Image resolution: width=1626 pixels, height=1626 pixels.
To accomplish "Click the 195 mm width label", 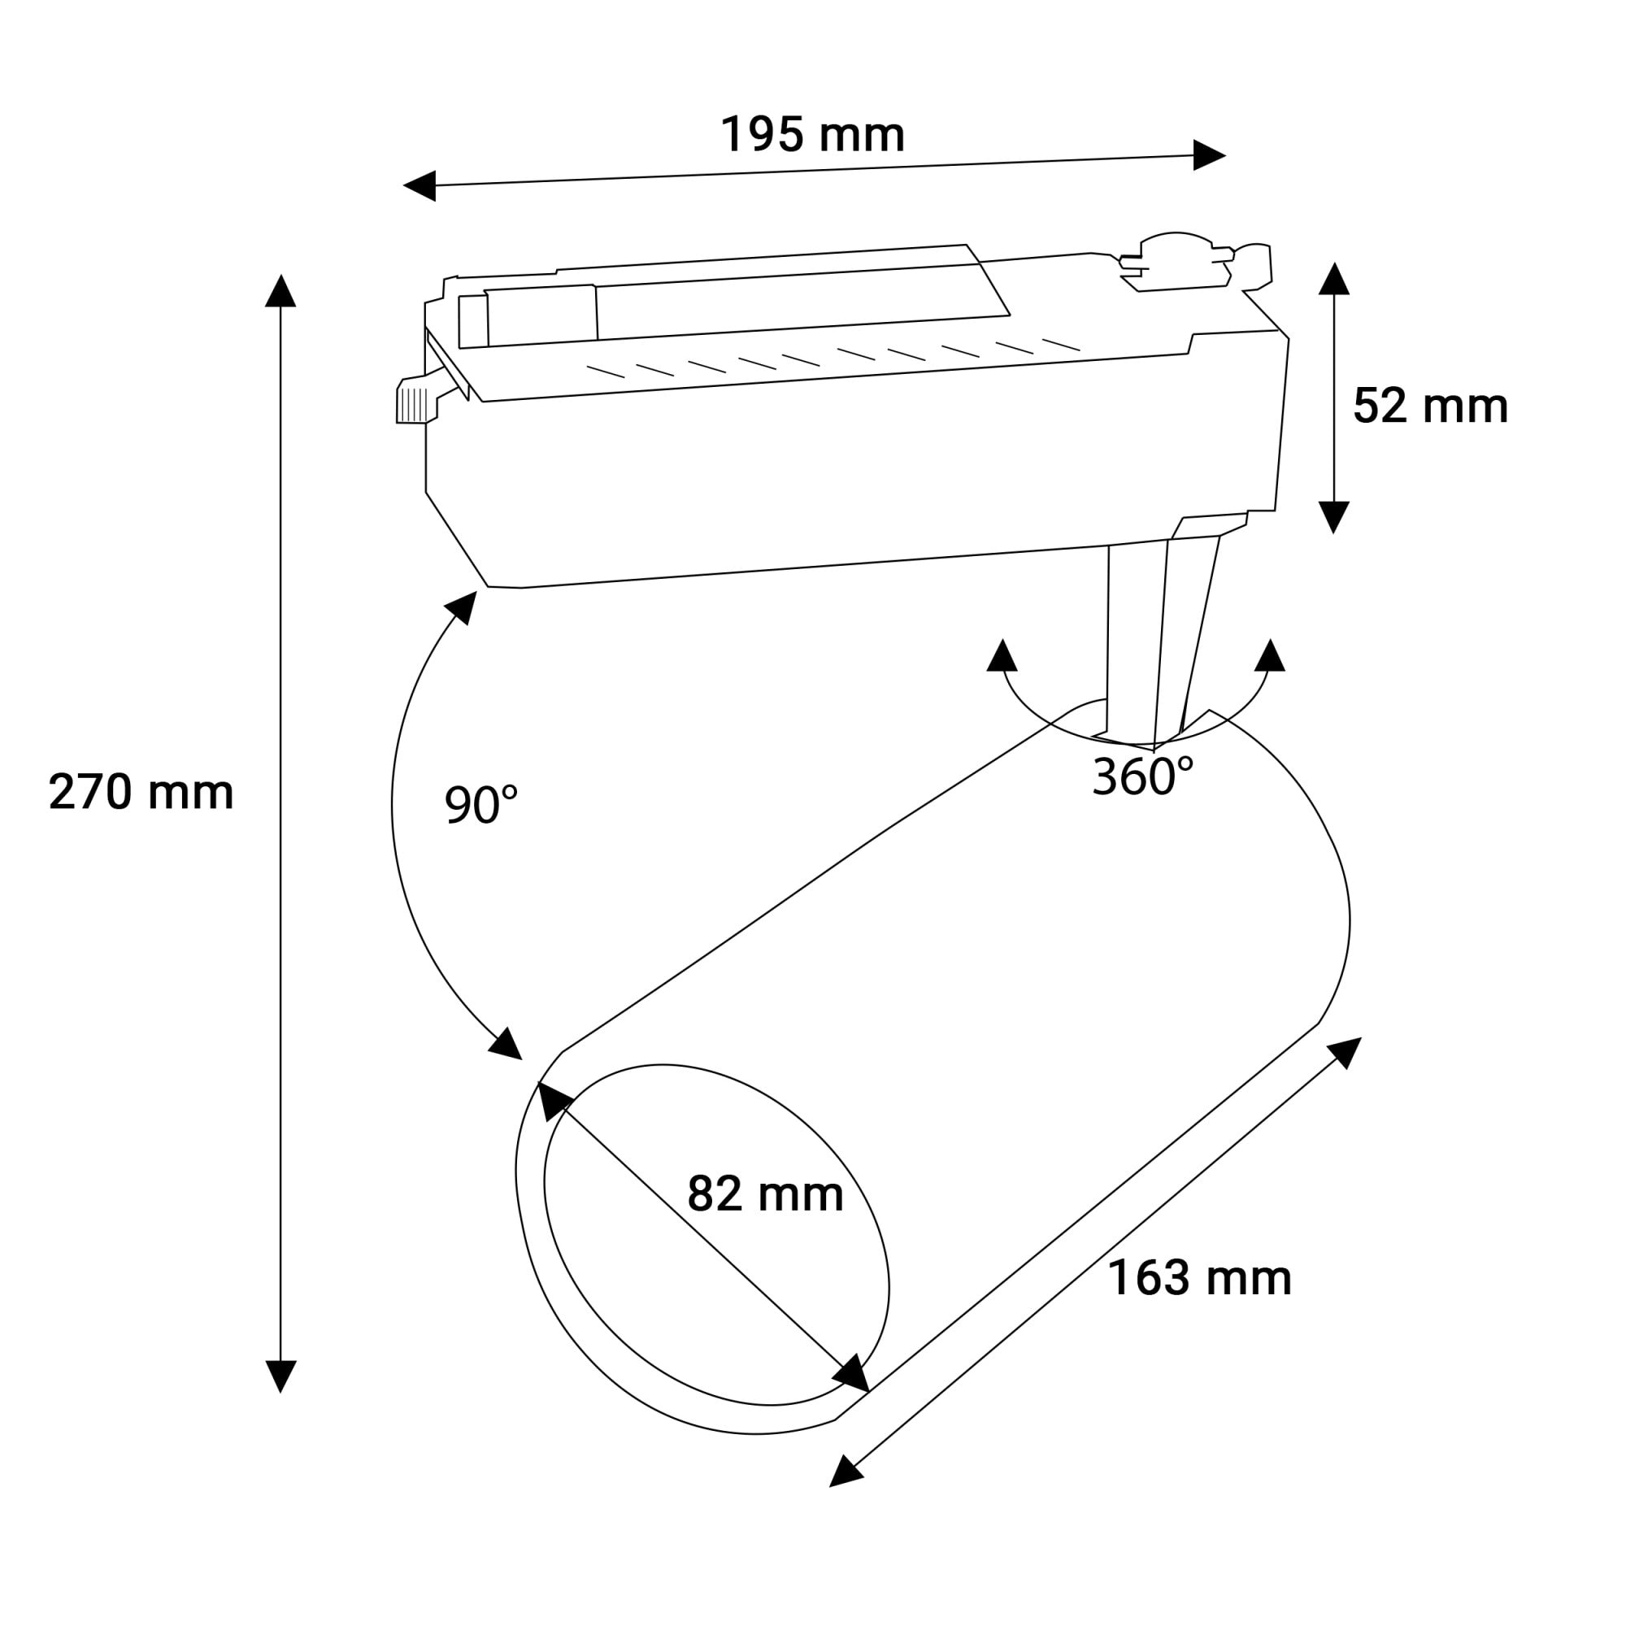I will [x=812, y=135].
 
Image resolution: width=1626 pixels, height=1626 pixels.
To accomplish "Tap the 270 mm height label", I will [x=141, y=793].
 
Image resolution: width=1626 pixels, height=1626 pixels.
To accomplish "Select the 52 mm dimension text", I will [x=1430, y=406].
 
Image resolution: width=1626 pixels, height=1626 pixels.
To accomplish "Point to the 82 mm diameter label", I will [x=765, y=1193].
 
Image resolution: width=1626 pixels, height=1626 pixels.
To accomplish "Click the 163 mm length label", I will [x=1199, y=1278].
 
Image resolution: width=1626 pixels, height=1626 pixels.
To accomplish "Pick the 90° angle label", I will [x=480, y=804].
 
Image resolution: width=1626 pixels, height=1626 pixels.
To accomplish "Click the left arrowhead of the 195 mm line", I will [x=420, y=185].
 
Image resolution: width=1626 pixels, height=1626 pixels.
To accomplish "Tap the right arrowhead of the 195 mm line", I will [x=1209, y=156].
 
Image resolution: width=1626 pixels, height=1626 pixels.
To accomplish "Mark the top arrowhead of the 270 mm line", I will [x=280, y=291].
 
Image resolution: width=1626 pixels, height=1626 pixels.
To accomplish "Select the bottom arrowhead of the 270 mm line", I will [x=280, y=1376].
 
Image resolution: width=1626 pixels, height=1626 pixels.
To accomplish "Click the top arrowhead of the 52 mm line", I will [x=1334, y=280].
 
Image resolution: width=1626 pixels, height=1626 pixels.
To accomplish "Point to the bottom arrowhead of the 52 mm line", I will [x=1334, y=516].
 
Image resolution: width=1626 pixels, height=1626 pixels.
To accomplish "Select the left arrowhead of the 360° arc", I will [x=1002, y=656].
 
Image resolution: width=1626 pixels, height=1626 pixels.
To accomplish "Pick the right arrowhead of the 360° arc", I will [x=1270, y=656].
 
